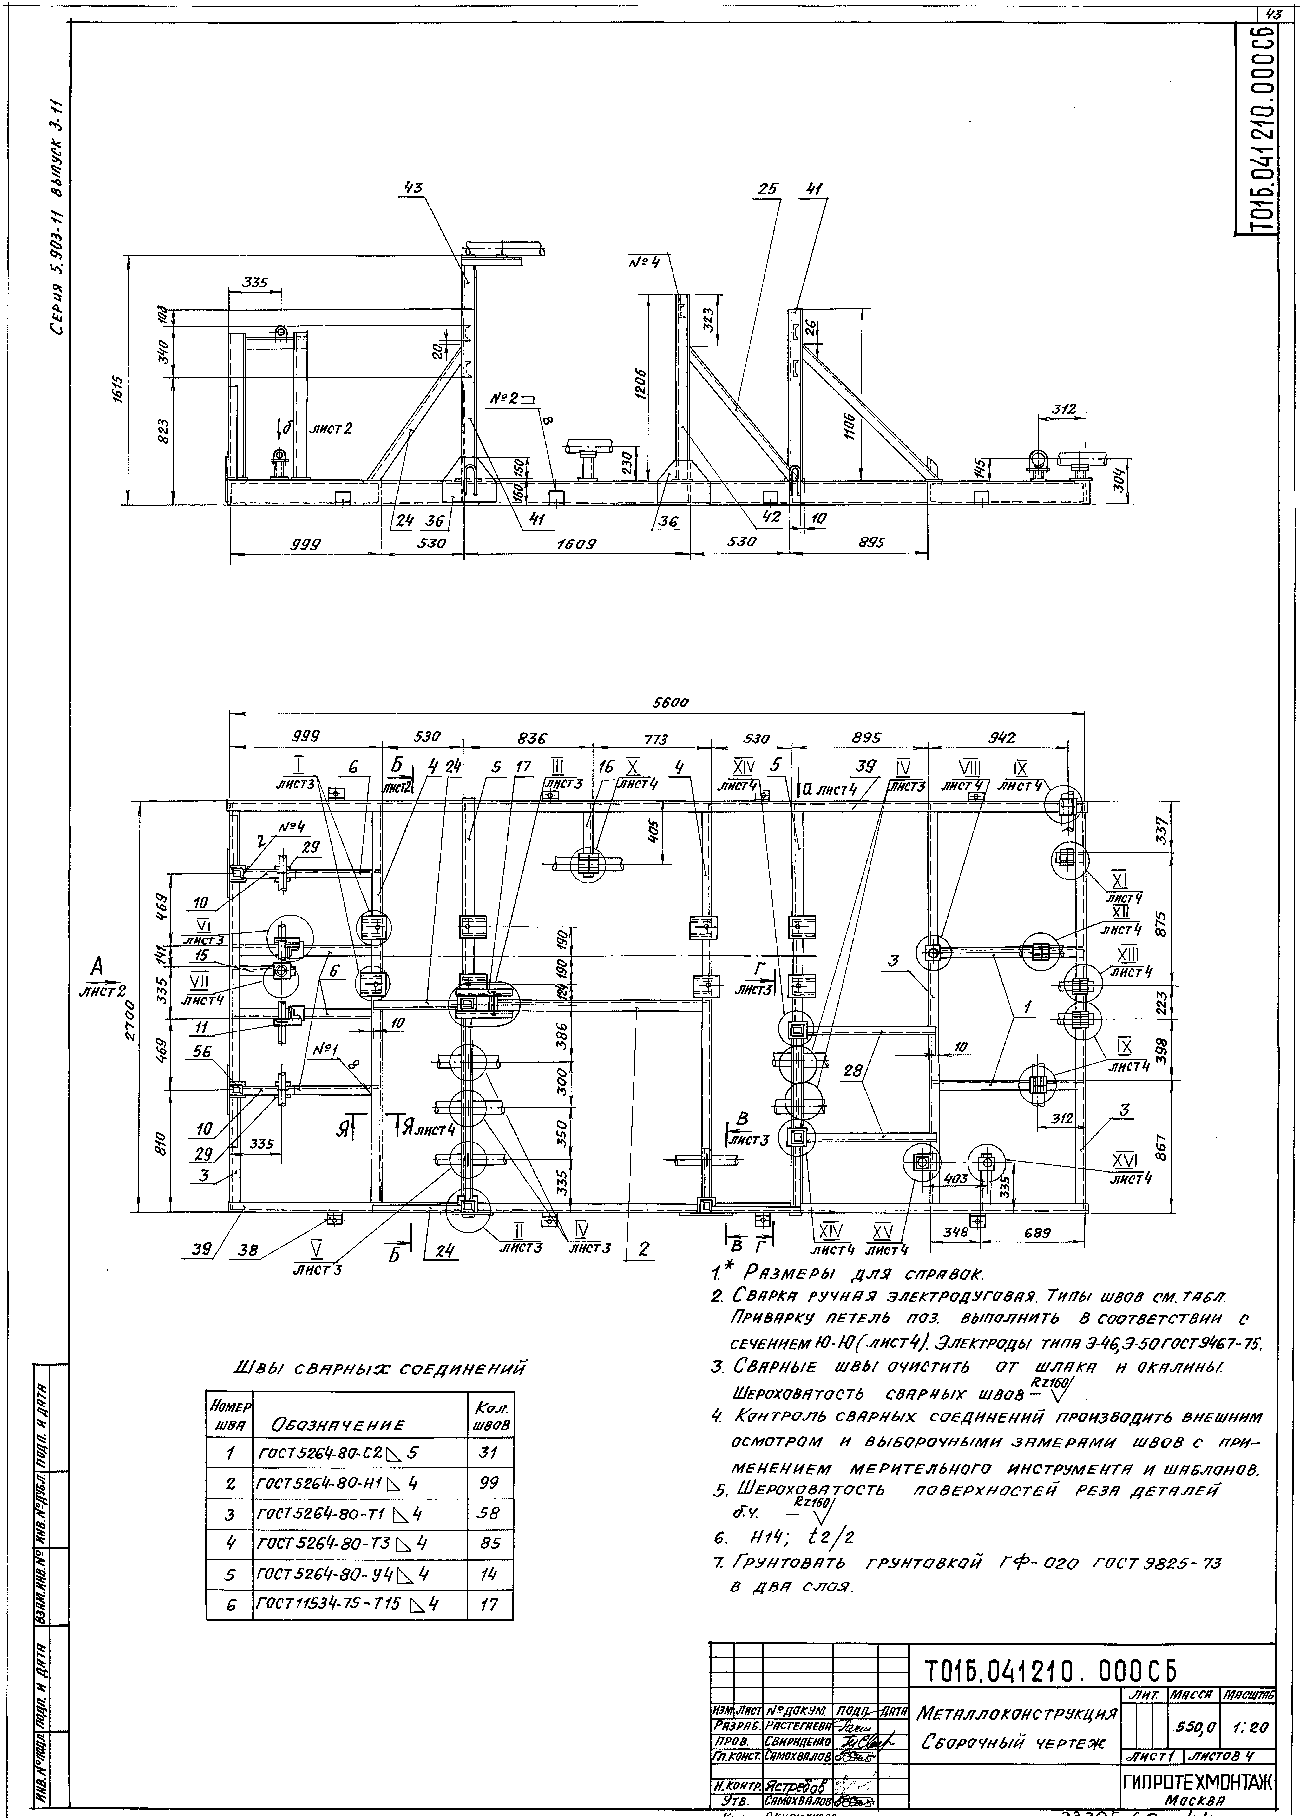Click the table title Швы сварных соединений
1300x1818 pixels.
click(378, 1367)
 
